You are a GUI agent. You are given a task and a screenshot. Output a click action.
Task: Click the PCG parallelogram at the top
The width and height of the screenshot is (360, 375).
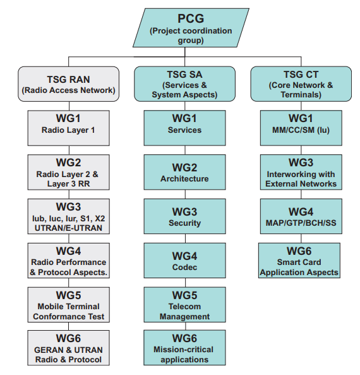(191, 28)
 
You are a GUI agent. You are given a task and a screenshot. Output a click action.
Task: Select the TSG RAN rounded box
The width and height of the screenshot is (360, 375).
(69, 84)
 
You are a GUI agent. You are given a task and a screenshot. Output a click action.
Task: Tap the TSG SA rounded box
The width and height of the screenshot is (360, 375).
(184, 84)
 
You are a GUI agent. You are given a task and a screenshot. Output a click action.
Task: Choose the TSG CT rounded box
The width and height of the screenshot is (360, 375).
(301, 84)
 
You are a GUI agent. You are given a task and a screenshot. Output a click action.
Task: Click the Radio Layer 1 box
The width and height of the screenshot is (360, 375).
(69, 128)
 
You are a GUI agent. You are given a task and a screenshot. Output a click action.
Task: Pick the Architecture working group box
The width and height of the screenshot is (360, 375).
(184, 172)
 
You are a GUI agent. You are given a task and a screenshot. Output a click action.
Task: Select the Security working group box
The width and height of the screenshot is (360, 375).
(184, 216)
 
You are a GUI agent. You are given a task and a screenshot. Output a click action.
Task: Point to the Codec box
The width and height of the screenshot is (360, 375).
(184, 261)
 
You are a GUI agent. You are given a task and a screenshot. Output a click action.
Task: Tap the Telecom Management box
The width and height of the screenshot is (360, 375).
(184, 305)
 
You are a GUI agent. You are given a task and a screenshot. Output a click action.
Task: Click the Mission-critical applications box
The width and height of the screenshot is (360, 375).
(184, 348)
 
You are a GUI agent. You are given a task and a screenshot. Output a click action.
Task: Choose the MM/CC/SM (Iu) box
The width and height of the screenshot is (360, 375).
(301, 128)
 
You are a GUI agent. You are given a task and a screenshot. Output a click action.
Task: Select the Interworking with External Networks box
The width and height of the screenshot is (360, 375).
(301, 172)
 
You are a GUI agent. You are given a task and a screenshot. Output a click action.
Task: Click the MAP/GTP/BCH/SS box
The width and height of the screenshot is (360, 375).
(301, 216)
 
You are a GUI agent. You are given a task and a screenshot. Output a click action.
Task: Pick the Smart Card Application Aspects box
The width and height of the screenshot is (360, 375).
(299, 261)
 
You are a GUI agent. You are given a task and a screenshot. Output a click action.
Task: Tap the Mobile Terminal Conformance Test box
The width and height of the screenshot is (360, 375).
(69, 305)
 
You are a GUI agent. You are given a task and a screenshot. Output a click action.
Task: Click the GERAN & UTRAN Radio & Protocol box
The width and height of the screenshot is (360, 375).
(69, 348)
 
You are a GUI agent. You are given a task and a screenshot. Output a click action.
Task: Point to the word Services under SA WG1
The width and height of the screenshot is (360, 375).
(184, 130)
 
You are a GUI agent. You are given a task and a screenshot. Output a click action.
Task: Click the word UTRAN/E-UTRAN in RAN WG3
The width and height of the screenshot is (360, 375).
(69, 228)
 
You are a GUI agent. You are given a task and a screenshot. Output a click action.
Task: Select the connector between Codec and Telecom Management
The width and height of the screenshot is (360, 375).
(186, 283)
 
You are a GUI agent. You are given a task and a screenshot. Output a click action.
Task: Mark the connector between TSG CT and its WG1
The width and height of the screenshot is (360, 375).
(301, 106)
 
